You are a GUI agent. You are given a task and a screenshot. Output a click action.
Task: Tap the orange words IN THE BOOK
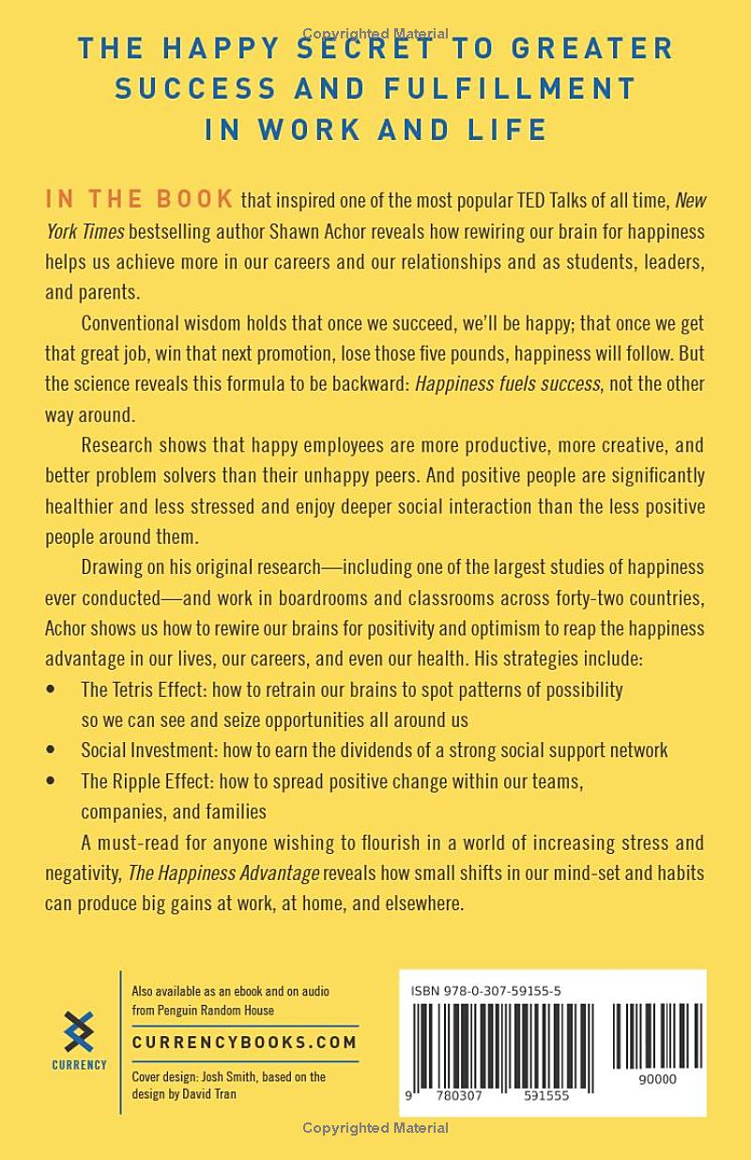(140, 199)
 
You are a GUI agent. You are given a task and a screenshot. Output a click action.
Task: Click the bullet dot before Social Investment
(51, 750)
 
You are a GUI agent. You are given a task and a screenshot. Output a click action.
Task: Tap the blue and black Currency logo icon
(80, 1030)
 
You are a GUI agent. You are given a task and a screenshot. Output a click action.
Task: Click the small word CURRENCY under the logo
(80, 1065)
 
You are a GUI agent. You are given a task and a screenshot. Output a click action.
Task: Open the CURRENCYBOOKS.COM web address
(244, 1042)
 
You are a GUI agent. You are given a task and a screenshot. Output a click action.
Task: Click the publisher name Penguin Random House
(214, 1010)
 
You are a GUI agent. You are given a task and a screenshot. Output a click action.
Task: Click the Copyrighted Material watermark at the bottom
(375, 1128)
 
